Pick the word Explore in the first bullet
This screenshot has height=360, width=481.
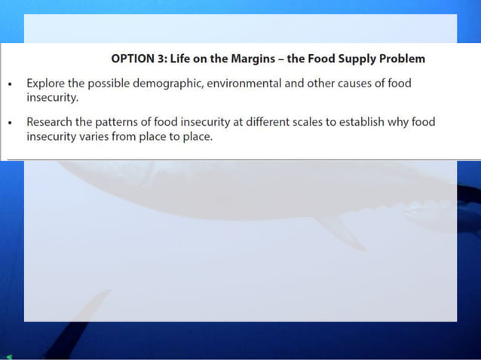[46, 84]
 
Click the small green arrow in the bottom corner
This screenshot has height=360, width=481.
[8, 356]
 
